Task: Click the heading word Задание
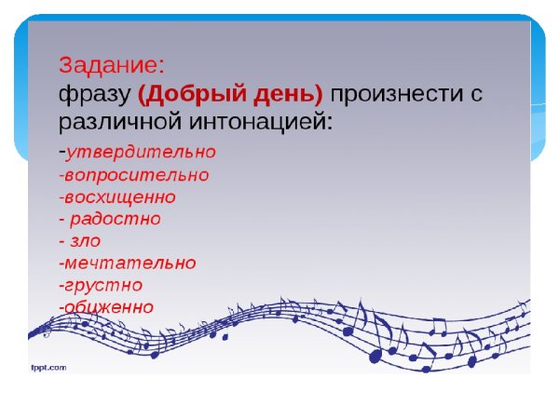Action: (x=111, y=65)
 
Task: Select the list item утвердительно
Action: (x=141, y=152)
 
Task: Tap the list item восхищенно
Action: (x=120, y=196)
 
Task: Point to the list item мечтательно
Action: (x=130, y=264)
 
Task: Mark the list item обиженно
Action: (x=109, y=307)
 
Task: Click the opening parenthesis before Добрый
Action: (x=142, y=95)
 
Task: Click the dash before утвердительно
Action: (x=61, y=153)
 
